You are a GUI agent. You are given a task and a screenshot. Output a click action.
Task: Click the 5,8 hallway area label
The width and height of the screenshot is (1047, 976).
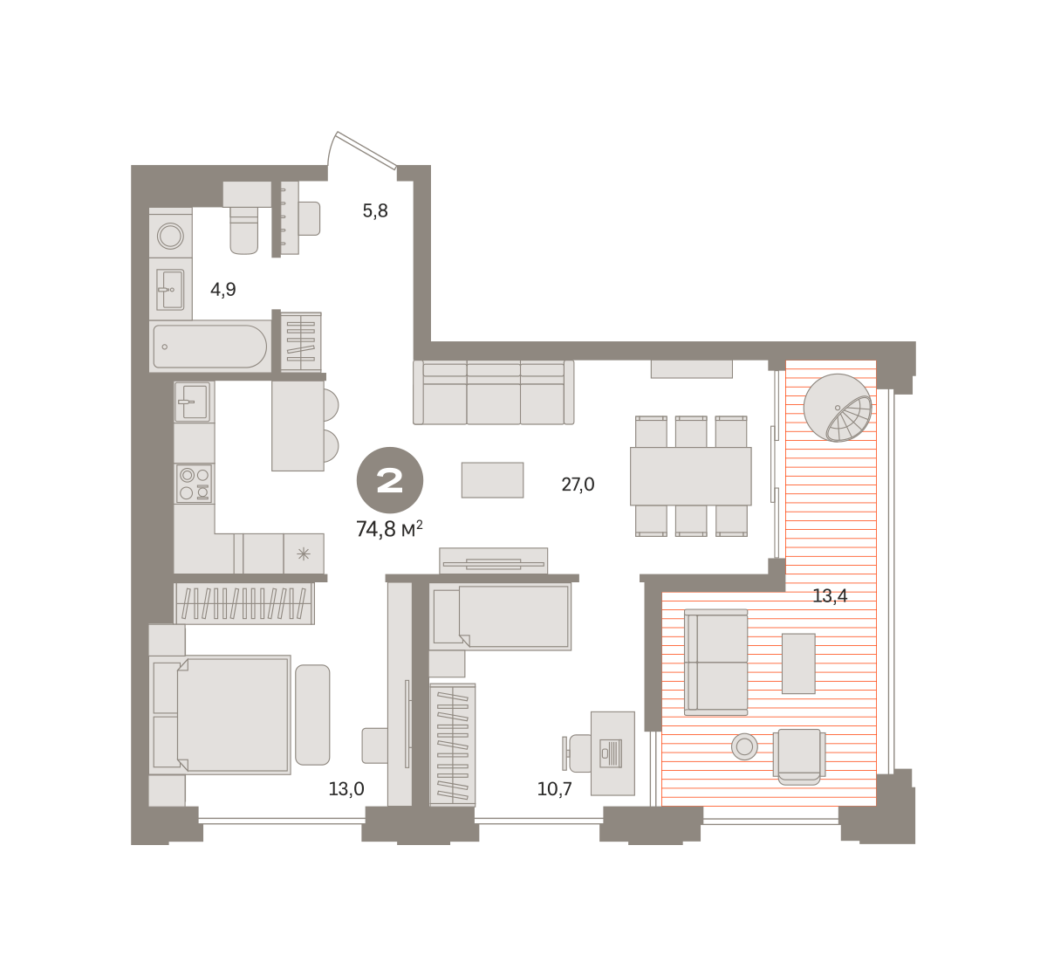[x=375, y=211]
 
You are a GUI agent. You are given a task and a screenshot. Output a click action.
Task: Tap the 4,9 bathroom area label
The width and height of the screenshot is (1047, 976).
[x=223, y=289]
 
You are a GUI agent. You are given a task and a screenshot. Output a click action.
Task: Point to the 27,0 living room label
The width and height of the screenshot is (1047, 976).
[x=578, y=485]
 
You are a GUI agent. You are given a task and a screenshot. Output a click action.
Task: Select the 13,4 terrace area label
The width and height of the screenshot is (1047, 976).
[x=830, y=596]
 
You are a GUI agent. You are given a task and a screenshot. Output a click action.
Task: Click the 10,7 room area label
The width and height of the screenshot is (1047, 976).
[x=555, y=788]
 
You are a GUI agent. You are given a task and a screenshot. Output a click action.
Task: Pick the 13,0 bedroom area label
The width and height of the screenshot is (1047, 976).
[x=346, y=788]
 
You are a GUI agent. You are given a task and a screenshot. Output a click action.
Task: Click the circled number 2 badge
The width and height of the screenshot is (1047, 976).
[x=390, y=480]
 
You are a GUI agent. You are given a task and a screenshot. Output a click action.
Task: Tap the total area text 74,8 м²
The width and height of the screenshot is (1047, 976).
[x=390, y=529]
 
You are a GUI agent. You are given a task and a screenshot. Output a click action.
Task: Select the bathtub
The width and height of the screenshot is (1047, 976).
[x=209, y=346]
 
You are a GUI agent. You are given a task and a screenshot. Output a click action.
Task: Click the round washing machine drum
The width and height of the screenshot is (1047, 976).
[x=171, y=236]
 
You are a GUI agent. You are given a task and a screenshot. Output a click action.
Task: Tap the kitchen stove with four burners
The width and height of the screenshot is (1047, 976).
[x=195, y=484]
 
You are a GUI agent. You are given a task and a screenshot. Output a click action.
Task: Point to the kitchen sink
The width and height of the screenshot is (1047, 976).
[x=193, y=402]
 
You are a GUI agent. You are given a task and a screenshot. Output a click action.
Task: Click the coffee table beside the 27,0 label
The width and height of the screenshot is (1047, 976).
[x=492, y=480]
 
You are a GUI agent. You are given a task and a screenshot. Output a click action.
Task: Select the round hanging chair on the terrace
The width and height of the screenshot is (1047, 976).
[x=838, y=408]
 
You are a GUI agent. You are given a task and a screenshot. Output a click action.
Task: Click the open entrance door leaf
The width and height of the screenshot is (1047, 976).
[x=366, y=150]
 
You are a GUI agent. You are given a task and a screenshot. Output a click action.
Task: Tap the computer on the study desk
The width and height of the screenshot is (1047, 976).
[x=611, y=753]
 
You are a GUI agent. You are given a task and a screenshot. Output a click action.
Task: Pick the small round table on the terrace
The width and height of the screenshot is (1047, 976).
[x=744, y=746]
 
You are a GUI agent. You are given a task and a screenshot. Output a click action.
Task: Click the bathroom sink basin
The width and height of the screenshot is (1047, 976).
[x=170, y=290]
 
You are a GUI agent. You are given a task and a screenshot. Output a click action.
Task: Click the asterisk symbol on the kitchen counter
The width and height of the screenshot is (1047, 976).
[x=304, y=554]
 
